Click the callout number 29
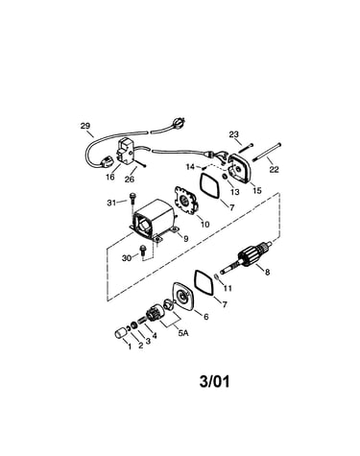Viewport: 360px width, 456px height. coord(85,126)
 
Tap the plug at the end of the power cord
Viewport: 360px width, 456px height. coord(178,122)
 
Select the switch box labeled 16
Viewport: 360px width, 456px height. coord(126,154)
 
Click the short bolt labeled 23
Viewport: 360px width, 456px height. coord(246,148)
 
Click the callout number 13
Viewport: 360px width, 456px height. coord(234,192)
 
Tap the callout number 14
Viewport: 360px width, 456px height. coord(190,167)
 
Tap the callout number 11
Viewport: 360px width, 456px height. coord(228,288)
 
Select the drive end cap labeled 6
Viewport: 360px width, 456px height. coord(183,297)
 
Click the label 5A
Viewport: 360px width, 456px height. coord(183,333)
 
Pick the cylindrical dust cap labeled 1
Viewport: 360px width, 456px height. coord(121,333)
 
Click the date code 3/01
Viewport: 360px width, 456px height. coord(214,381)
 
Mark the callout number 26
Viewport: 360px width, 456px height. coord(130,180)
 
